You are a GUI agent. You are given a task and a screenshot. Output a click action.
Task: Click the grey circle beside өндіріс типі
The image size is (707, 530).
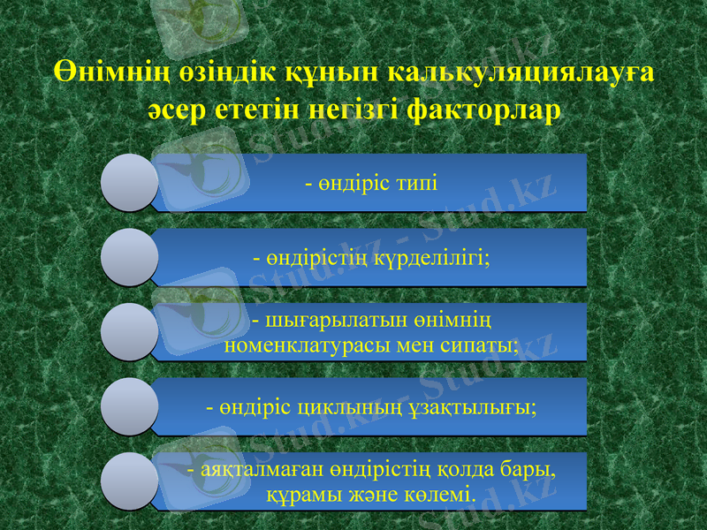pos(129,183)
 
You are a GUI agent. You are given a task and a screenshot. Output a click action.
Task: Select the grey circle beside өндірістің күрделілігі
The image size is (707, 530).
pos(129,257)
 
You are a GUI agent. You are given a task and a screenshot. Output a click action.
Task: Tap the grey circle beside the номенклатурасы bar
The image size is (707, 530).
pos(129,332)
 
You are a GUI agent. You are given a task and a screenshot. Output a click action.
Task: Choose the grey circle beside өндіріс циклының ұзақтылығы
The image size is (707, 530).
pos(129,406)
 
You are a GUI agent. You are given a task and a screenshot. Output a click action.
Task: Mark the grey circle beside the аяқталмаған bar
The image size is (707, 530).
pos(129,481)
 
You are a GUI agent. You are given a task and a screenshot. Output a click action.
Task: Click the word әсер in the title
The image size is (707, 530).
pos(173,112)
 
